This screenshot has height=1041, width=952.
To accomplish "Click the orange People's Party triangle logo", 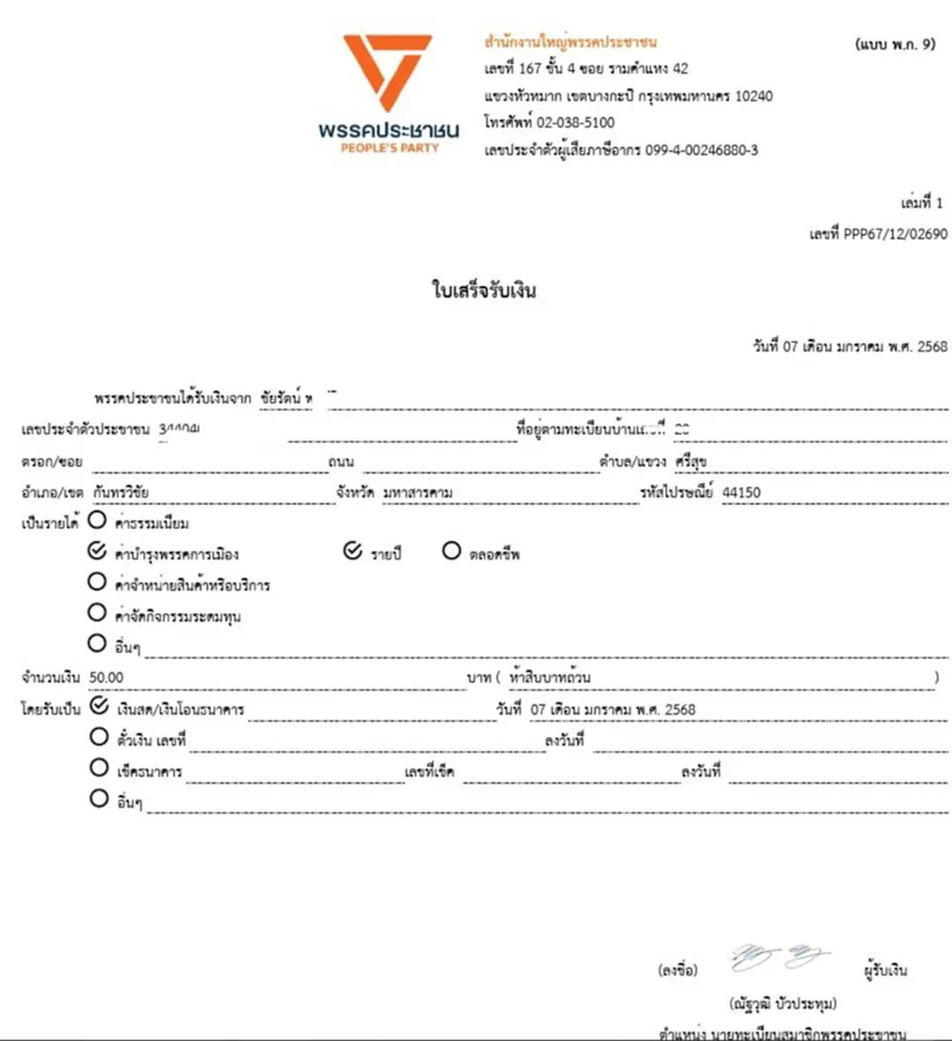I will point(388,71).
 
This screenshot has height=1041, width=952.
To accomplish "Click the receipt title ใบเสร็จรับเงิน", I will point(484,290).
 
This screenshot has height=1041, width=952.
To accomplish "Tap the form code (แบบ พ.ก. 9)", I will point(895,43).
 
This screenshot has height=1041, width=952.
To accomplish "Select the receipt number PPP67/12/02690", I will point(895,234).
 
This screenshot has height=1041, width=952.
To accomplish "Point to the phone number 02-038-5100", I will point(576,123).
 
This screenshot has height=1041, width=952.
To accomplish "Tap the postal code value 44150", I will point(741,492).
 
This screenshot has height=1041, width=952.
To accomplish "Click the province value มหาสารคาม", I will point(418,492).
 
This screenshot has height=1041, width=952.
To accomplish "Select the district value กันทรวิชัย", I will point(121,492).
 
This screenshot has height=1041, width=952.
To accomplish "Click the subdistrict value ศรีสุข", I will point(691,461).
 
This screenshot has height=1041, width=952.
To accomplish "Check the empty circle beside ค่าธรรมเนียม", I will point(97,520).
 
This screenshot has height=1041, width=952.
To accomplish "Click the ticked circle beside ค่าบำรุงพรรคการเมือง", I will point(97,551).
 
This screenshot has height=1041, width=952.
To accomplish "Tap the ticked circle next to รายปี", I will point(353,551).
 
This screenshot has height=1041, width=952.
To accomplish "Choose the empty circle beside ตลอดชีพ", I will point(451,551).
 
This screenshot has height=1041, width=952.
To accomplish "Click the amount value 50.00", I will point(107,677).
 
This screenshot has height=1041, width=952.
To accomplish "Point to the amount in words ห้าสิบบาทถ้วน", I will point(549,677).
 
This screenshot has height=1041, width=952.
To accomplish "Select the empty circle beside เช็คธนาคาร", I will point(100,768).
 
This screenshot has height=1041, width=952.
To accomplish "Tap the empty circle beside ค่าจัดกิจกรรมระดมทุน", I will point(97,613).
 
